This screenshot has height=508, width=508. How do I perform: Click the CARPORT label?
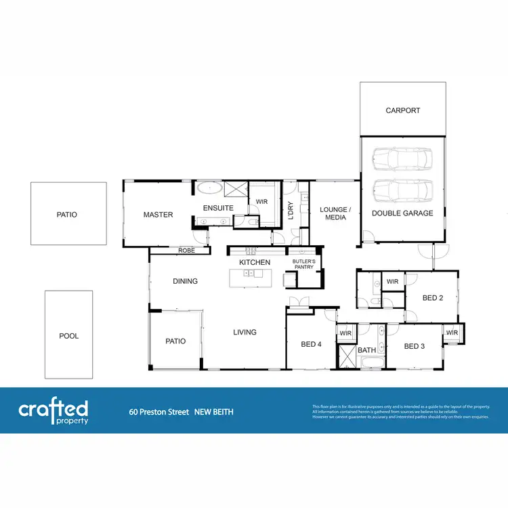click(403, 110)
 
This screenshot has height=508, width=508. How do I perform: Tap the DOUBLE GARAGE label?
click(402, 213)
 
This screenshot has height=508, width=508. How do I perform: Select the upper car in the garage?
click(402, 159)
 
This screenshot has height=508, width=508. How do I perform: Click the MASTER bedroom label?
click(158, 215)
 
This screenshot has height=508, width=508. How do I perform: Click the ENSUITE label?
click(218, 208)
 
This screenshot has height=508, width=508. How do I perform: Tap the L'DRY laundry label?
click(291, 211)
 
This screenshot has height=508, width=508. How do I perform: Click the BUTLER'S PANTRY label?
click(303, 263)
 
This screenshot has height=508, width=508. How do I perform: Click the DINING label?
click(185, 281)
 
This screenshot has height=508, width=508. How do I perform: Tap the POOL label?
click(69, 336)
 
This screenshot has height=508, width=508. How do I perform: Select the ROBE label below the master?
click(186, 251)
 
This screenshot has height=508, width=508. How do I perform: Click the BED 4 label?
click(312, 344)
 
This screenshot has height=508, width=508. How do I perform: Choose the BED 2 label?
click(433, 298)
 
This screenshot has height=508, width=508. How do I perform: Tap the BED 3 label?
click(414, 346)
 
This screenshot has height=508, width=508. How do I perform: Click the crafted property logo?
click(54, 410)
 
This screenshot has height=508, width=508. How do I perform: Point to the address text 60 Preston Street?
click(159, 411)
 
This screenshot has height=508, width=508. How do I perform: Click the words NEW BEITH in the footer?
click(214, 411)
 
